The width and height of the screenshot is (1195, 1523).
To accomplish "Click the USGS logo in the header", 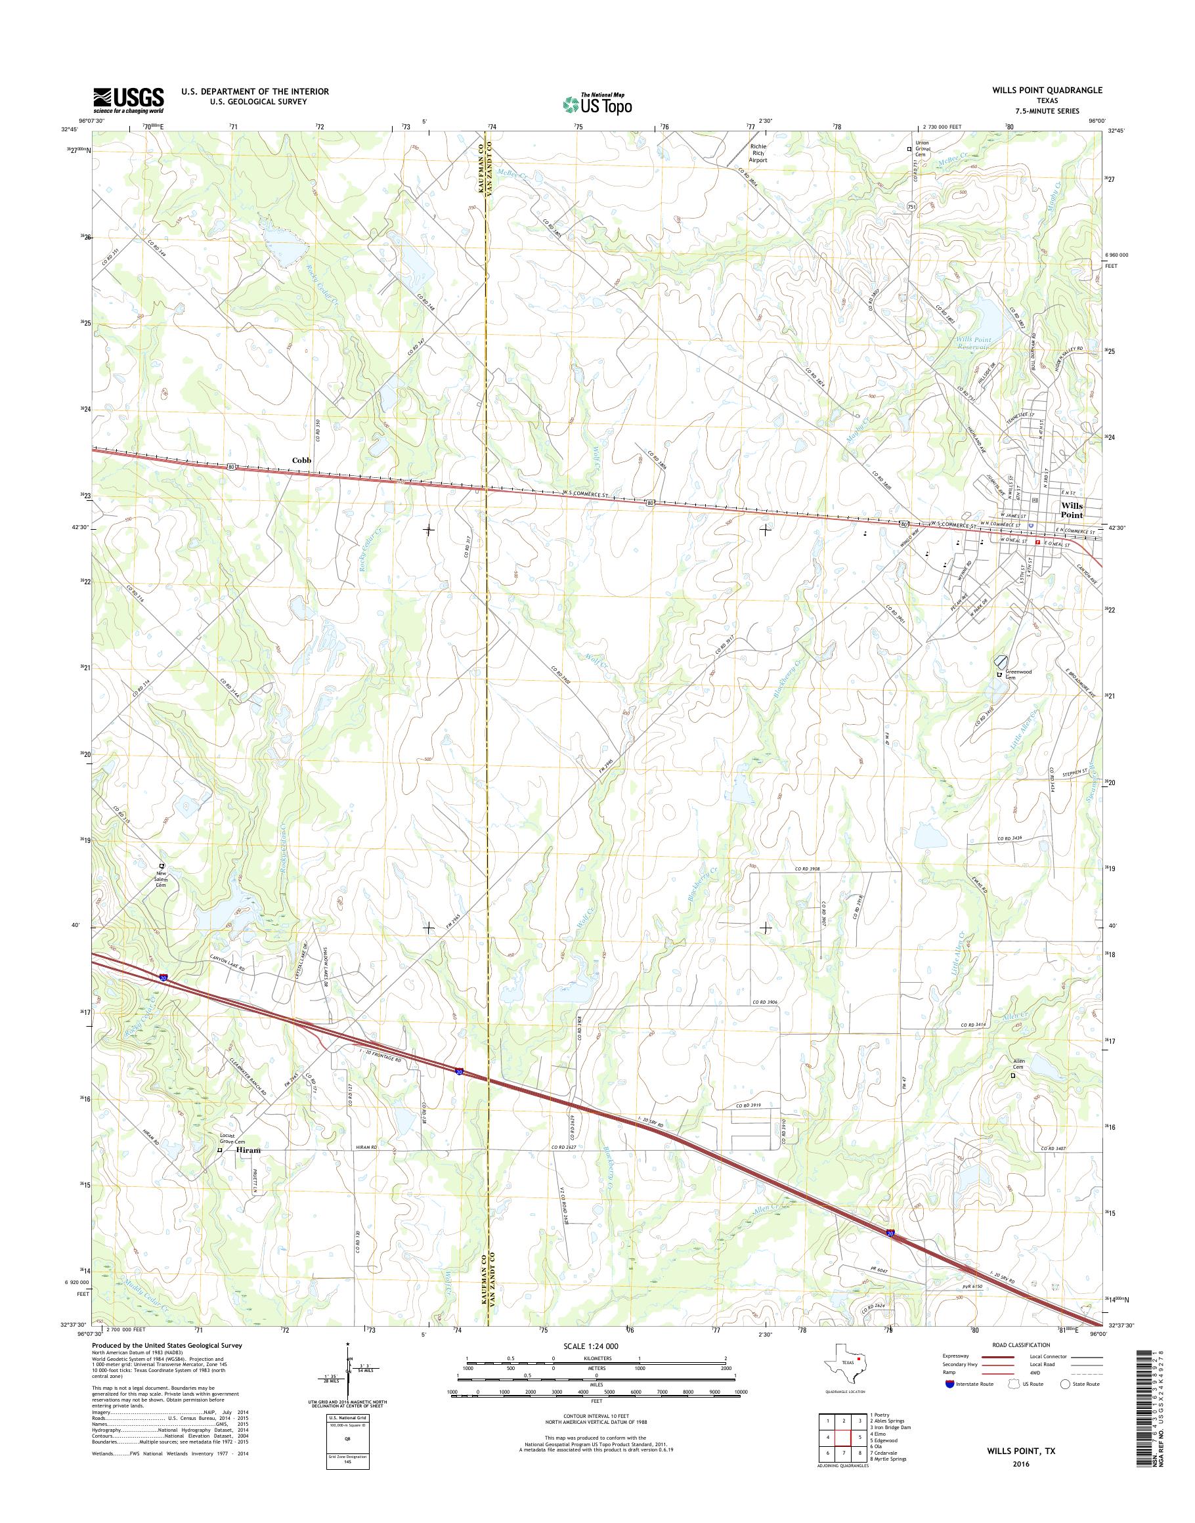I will (x=129, y=100).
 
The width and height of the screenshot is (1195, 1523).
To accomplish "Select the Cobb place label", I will (x=301, y=460).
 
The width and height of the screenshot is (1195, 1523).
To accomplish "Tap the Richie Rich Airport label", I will (x=758, y=153).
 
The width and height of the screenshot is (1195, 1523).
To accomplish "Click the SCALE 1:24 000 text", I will (x=591, y=1346).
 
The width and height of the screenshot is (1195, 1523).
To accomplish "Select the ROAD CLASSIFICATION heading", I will (x=1021, y=1344).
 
